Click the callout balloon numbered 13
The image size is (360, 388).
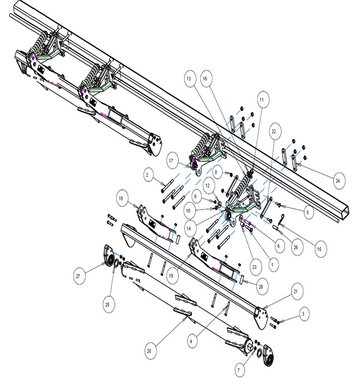pos(189,79)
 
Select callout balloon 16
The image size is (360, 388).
pos(205,79)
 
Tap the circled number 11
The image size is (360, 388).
pos(262,100)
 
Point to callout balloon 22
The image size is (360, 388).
pos(274,131)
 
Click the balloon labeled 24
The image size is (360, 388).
pos(337,181)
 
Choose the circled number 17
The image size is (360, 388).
pos(171,161)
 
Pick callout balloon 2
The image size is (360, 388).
pos(147,175)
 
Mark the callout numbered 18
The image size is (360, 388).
pos(121,198)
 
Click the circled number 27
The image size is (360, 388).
pos(78,276)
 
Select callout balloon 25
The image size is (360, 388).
pos(107,305)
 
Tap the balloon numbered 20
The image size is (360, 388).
pos(149,351)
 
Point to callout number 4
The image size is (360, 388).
pos(191,341)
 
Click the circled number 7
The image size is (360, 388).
pos(238,370)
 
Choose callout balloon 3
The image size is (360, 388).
pos(303,314)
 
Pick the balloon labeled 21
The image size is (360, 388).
pos(295,291)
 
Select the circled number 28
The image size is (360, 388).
pos(260,287)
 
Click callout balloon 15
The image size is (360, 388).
pos(319,249)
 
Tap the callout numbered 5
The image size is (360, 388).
pos(308,212)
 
